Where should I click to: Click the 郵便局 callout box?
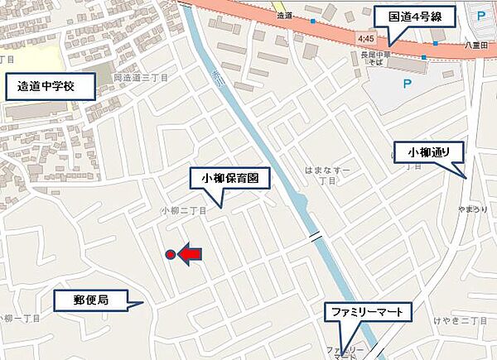coord(91,300)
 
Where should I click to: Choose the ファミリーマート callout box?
coord(368,313)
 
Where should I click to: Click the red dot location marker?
coord(171,255)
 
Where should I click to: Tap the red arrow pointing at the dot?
coord(190,255)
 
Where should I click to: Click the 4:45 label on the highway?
coord(367,39)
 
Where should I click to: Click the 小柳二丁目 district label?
coord(183,210)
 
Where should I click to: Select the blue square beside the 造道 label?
coord(313,20)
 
